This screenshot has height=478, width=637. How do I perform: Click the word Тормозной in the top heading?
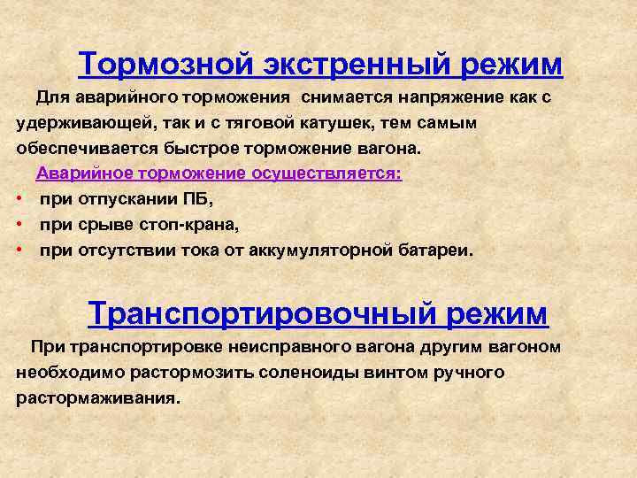pos(165,64)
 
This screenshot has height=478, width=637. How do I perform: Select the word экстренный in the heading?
pos(357,65)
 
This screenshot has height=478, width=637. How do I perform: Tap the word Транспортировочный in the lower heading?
pos(260,313)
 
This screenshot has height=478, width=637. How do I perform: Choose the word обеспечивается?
pos(87,149)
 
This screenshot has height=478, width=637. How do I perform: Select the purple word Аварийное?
pos(85,173)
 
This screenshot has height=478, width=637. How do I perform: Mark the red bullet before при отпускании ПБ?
pos(19,199)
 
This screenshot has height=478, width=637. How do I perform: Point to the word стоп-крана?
pos(189,225)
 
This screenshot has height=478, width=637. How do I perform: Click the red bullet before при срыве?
pos(19,224)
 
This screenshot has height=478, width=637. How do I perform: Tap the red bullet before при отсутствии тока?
pos(19,249)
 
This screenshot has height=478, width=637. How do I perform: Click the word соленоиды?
pos(309,373)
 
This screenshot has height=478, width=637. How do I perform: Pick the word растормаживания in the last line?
pos(98,398)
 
